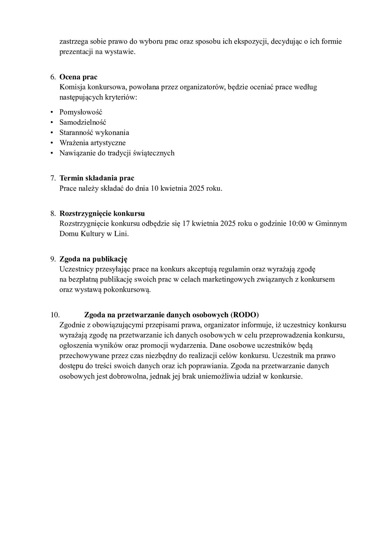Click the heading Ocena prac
(78, 77)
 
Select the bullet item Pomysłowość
(81, 112)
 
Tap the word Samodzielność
(82, 122)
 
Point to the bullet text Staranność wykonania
(94, 133)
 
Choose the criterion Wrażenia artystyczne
(92, 143)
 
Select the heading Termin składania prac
(97, 178)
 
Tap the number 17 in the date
(186, 224)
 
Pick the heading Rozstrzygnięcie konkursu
(102, 214)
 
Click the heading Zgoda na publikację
(93, 259)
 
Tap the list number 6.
(52, 77)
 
